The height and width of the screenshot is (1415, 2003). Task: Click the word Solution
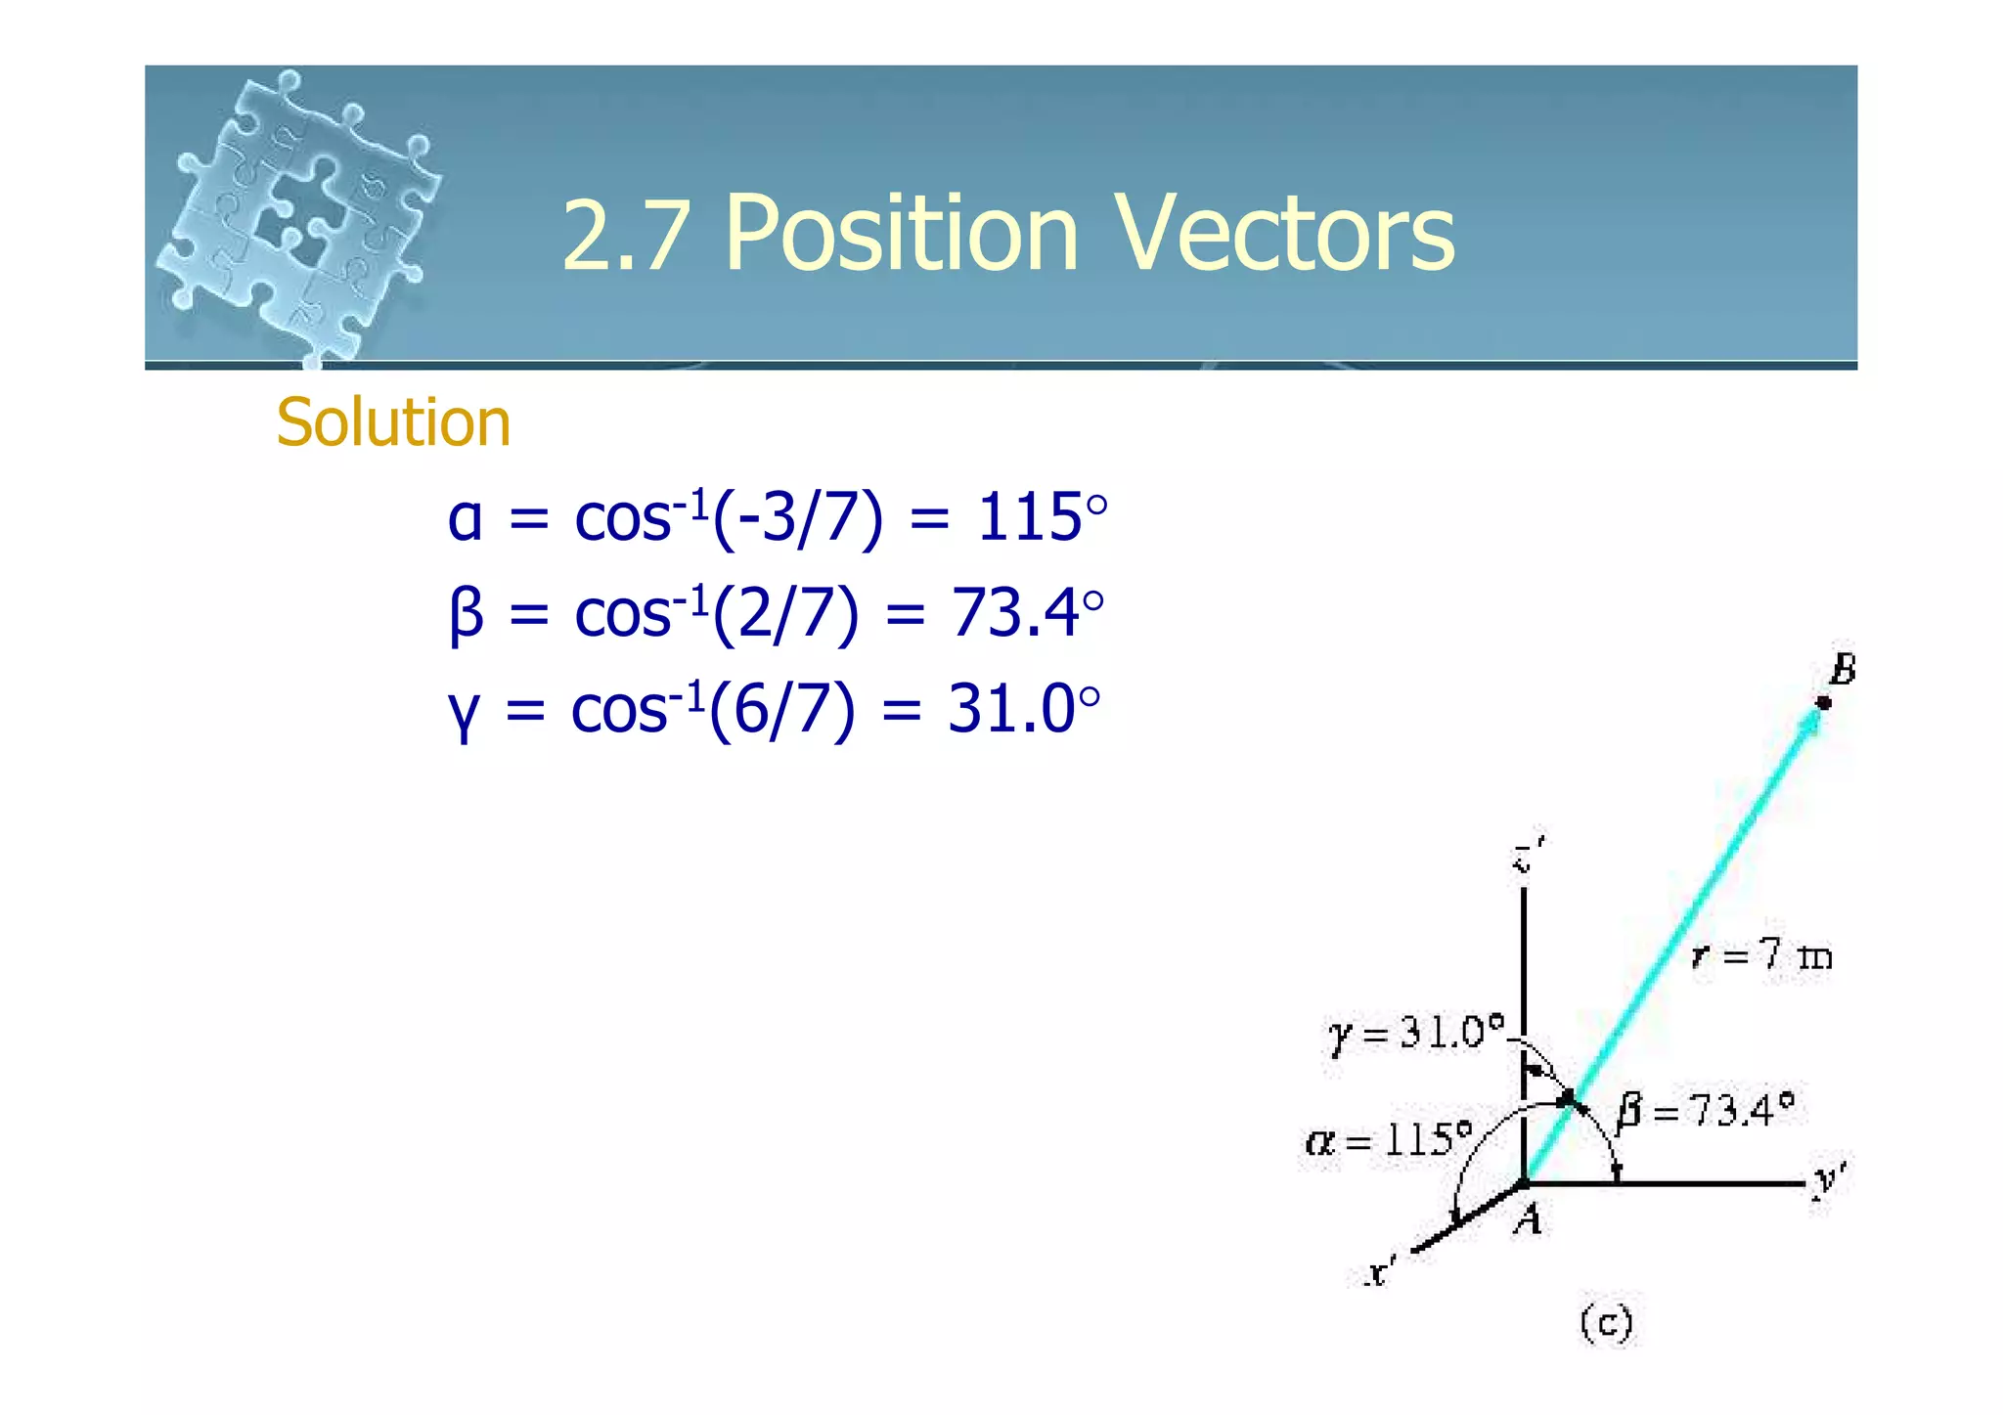[393, 422]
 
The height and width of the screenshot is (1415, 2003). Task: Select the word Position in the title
[901, 234]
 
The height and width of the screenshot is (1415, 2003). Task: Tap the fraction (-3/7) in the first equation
[797, 518]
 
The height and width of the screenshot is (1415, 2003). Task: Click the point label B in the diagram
[1842, 671]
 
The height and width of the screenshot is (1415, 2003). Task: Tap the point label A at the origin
[1528, 1219]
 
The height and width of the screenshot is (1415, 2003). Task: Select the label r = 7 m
[1761, 954]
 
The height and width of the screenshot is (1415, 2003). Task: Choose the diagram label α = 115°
[1388, 1139]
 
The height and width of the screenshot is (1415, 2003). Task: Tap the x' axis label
[1380, 1272]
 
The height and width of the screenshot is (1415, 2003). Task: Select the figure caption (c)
[1606, 1323]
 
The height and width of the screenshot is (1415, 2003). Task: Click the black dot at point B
[1823, 702]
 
